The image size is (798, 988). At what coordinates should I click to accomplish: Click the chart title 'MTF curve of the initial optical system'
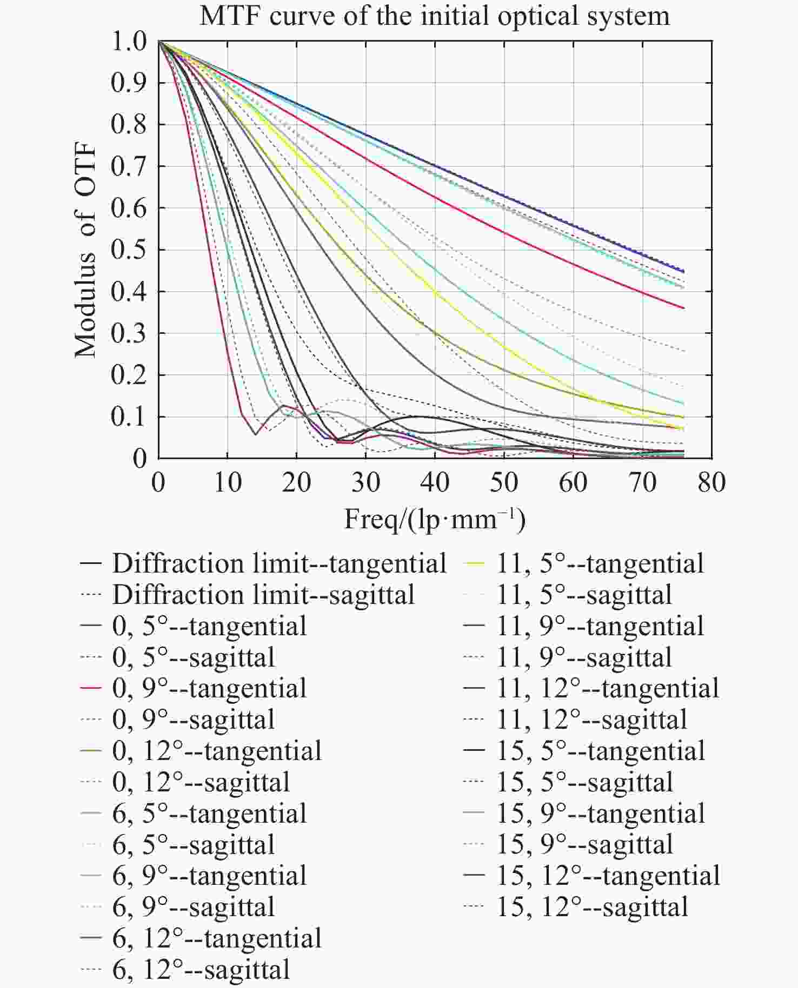tap(435, 16)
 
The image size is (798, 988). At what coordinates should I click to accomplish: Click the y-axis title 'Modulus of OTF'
tap(85, 250)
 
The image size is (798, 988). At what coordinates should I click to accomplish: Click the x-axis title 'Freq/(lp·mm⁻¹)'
tap(435, 520)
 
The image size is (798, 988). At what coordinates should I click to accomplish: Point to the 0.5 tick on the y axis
tap(129, 250)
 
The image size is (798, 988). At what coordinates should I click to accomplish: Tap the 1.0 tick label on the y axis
tap(129, 42)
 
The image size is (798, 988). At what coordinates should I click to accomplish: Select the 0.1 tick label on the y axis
tap(129, 417)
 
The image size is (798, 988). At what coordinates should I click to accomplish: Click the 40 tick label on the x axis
tap(435, 482)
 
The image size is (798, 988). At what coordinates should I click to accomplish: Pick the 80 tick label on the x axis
tap(711, 482)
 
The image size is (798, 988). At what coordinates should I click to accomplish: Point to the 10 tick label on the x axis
tap(227, 482)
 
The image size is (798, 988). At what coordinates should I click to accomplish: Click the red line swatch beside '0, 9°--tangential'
tap(91, 688)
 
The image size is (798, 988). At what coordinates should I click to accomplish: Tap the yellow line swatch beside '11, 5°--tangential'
tap(475, 563)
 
